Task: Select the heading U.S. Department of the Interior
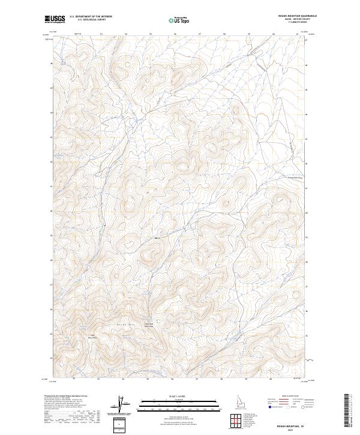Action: (91, 17)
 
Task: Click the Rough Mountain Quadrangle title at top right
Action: (297, 16)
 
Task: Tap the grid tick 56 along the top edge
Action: (175, 34)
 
